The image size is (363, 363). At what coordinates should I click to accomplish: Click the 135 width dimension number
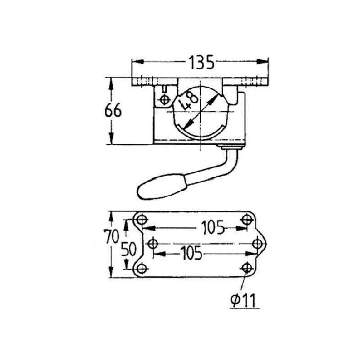pyautogui.click(x=201, y=62)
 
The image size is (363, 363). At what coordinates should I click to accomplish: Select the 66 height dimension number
pyautogui.click(x=113, y=110)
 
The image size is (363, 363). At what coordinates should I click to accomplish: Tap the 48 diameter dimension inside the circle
pyautogui.click(x=190, y=101)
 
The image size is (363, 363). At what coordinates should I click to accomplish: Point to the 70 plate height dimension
pyautogui.click(x=112, y=236)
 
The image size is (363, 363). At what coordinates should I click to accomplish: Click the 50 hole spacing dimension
pyautogui.click(x=129, y=249)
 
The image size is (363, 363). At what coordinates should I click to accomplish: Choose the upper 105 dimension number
pyautogui.click(x=213, y=228)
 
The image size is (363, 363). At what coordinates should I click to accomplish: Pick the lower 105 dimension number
pyautogui.click(x=191, y=253)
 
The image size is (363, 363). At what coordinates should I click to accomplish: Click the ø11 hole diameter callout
pyautogui.click(x=243, y=300)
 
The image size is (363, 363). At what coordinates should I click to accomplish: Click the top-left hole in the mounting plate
pyautogui.click(x=142, y=219)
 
